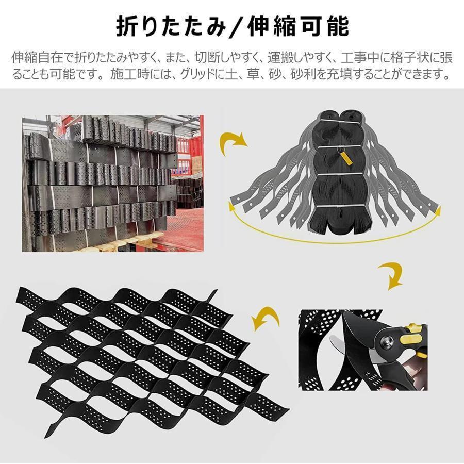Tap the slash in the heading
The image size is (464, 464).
point(237,26)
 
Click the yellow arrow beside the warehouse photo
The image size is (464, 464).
point(231,142)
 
